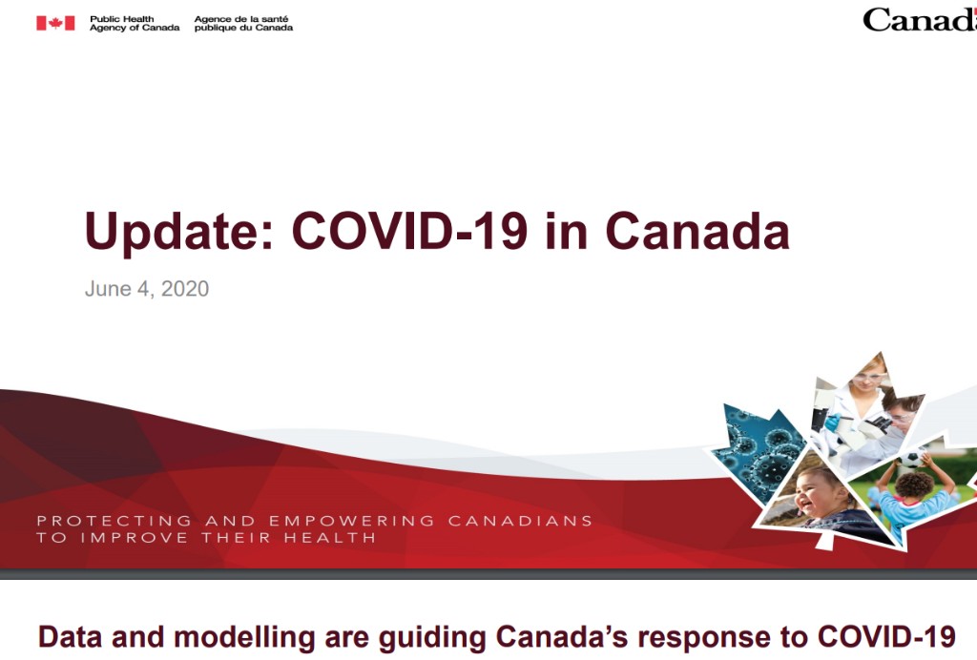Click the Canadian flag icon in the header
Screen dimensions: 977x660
(x=55, y=23)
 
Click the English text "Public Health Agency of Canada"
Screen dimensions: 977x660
(x=135, y=24)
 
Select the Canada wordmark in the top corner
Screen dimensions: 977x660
(x=920, y=20)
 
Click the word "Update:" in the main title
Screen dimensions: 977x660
(x=179, y=232)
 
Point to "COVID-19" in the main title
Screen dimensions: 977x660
(x=409, y=231)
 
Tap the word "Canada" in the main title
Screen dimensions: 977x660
(x=697, y=231)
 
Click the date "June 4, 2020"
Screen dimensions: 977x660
(x=147, y=289)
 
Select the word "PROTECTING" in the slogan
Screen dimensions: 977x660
(x=114, y=521)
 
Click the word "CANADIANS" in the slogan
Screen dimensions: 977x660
(x=520, y=521)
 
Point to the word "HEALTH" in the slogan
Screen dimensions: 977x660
(x=330, y=537)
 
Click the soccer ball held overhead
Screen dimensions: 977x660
(x=912, y=459)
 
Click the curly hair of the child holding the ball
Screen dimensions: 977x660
(x=913, y=485)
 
